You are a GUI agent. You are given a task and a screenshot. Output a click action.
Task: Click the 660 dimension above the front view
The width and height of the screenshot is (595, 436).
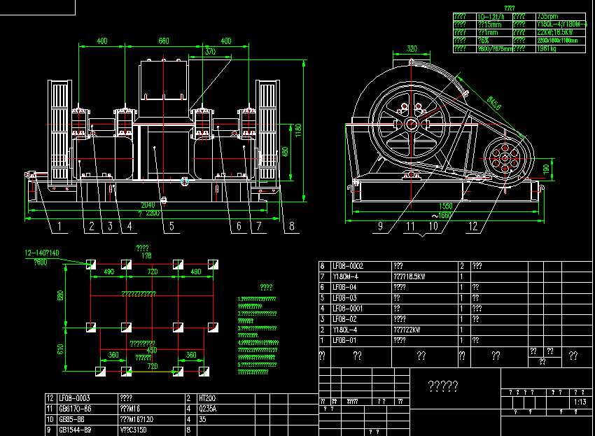[x=164, y=41]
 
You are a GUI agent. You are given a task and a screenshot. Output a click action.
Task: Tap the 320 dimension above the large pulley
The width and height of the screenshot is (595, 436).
[x=412, y=49]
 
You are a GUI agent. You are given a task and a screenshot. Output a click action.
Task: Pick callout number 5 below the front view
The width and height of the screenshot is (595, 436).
[x=171, y=226]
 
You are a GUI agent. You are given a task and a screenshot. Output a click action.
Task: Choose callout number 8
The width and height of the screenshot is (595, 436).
[x=292, y=226]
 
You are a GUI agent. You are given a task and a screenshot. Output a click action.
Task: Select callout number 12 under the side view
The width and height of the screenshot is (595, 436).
[x=474, y=226]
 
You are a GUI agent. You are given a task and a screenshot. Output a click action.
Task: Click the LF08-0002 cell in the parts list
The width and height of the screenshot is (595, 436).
[x=348, y=267]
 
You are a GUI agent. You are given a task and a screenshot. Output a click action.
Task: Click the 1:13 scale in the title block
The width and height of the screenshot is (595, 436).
[x=580, y=402]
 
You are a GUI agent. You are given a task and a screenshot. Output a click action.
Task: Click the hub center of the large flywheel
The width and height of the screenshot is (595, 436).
[x=410, y=125]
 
